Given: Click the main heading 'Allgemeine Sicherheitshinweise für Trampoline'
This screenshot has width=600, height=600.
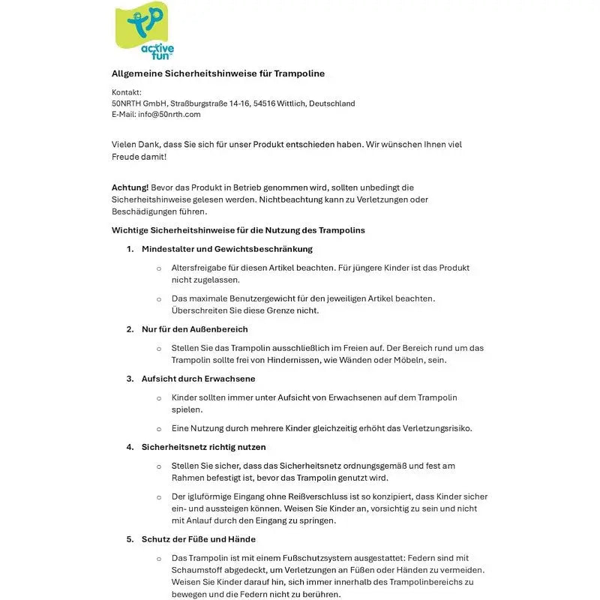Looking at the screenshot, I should tap(218, 73).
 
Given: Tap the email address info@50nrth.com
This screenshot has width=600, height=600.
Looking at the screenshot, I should tap(169, 115).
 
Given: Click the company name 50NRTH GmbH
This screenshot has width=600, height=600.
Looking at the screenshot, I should tap(139, 103).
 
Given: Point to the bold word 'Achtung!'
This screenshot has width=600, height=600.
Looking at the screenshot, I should tap(130, 187).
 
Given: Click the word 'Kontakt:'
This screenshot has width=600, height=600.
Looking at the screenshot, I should tap(127, 92).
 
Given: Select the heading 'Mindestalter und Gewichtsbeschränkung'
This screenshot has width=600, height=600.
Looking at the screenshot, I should tap(226, 249).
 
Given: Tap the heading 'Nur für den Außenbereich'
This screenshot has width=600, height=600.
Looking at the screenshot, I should tap(194, 329).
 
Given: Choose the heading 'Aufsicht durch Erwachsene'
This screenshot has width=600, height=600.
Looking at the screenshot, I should tap(198, 379).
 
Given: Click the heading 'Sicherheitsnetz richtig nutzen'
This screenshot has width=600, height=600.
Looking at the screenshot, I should tap(203, 447).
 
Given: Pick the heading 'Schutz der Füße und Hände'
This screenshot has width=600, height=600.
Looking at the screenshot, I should tap(198, 539).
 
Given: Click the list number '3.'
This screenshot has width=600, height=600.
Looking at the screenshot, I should tap(130, 379).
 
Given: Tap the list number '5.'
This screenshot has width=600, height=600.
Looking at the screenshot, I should tap(130, 539).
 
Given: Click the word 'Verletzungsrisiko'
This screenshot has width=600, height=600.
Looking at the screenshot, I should tap(435, 428).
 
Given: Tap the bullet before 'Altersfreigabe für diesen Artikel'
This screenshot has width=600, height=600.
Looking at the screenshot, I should tap(158, 268).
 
